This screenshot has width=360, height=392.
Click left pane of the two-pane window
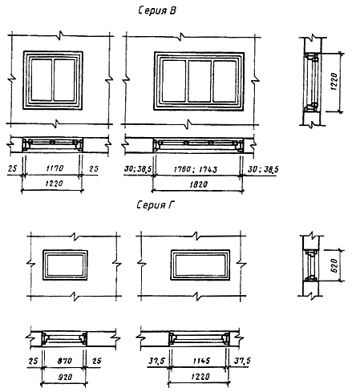42,79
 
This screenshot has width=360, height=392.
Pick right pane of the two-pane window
64,79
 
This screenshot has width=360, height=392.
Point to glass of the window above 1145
199,265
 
